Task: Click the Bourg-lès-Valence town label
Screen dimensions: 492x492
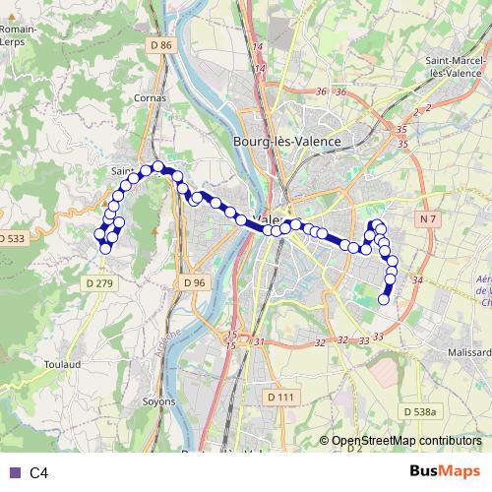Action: click(286, 142)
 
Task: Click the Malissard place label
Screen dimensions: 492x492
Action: click(467, 350)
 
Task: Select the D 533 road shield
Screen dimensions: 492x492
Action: click(12, 239)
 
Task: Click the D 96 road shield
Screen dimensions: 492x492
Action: click(194, 282)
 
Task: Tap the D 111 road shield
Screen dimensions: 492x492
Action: click(280, 397)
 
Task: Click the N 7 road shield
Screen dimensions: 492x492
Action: click(426, 216)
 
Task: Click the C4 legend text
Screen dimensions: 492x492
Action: click(38, 473)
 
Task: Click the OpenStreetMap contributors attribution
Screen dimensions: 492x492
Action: click(406, 442)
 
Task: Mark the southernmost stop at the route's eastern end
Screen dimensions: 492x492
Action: click(384, 299)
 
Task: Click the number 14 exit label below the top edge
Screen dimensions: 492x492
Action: click(258, 47)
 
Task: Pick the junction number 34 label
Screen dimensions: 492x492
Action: click(417, 280)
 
